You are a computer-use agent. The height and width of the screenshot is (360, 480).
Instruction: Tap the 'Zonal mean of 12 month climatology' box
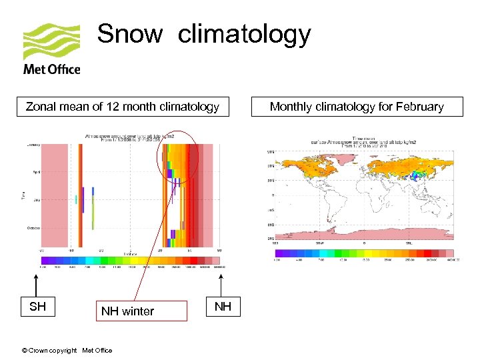(122, 107)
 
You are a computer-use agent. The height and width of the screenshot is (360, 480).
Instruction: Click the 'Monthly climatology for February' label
(357, 107)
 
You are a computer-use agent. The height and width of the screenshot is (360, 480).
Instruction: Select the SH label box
(37, 306)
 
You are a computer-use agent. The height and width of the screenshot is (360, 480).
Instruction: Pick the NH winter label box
(127, 311)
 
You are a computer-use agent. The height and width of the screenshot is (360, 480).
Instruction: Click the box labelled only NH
(223, 306)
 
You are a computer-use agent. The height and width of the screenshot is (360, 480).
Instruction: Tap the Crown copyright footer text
(67, 351)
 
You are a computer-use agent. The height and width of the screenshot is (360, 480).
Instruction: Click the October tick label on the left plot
(33, 227)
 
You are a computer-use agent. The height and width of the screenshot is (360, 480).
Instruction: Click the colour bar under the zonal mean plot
(127, 261)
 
